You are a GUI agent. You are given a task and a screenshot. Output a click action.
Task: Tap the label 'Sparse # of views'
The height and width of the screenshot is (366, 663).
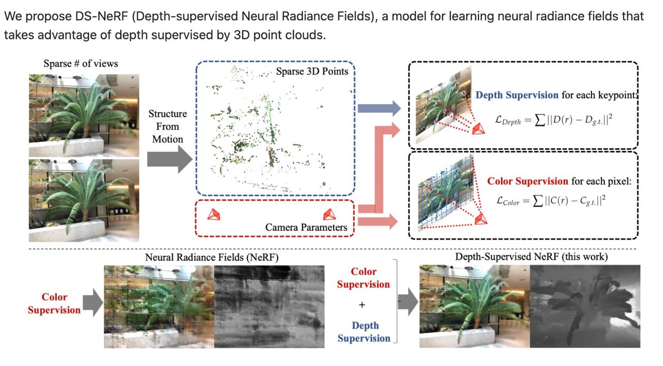[81, 63]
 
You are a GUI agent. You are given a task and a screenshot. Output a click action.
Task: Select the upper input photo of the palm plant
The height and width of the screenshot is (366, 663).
[84, 116]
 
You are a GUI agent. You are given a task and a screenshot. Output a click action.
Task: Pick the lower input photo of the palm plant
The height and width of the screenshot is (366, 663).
[84, 201]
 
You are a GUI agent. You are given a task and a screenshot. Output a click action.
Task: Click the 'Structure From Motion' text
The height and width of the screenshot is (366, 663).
[167, 126]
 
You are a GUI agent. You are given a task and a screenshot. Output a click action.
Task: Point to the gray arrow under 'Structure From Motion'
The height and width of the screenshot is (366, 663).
[169, 159]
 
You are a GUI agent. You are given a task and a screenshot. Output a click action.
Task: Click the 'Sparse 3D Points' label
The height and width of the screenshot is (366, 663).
[312, 72]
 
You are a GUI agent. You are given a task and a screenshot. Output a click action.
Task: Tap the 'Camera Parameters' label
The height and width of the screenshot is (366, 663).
[306, 228]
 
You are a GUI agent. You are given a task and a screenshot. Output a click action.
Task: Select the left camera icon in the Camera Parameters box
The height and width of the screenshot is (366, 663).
[214, 215]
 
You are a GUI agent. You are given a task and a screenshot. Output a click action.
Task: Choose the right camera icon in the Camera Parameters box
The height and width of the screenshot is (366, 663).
[329, 215]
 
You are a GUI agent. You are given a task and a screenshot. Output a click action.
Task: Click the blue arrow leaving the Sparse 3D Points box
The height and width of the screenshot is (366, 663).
[379, 108]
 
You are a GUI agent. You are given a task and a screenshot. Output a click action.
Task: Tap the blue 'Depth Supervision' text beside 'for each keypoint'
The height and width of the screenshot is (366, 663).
[517, 95]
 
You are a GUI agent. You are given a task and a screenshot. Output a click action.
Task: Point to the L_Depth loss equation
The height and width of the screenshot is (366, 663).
[554, 120]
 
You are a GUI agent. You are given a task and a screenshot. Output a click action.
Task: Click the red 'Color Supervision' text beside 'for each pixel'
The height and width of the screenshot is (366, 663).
[527, 181]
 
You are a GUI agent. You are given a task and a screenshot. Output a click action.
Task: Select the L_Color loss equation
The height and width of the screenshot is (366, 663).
[551, 201]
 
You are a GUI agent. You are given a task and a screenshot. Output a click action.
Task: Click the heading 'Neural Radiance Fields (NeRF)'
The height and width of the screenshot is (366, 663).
[212, 257]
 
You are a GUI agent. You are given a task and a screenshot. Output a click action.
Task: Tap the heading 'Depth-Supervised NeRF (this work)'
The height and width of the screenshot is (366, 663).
[531, 257]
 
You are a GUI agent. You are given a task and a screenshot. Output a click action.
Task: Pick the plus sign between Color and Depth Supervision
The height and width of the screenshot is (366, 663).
[362, 305]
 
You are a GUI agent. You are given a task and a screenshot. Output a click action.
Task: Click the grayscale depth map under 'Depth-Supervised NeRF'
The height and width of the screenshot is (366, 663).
[585, 306]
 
